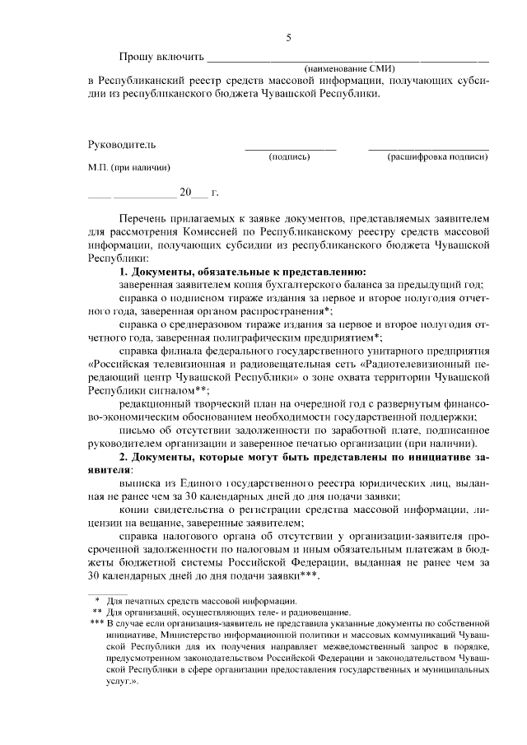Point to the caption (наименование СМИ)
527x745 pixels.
[x=349, y=68]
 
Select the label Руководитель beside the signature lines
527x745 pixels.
[x=121, y=145]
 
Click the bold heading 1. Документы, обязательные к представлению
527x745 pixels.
[x=242, y=271]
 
